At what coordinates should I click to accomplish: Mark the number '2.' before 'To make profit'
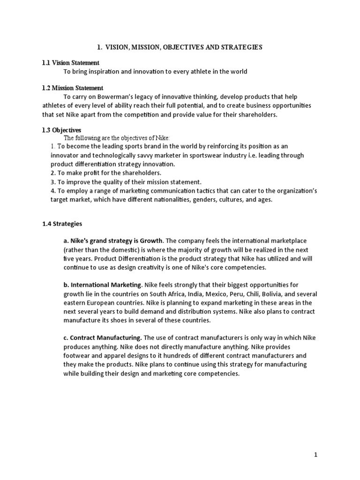pos(53,173)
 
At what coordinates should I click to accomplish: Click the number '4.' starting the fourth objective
pos(53,190)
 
